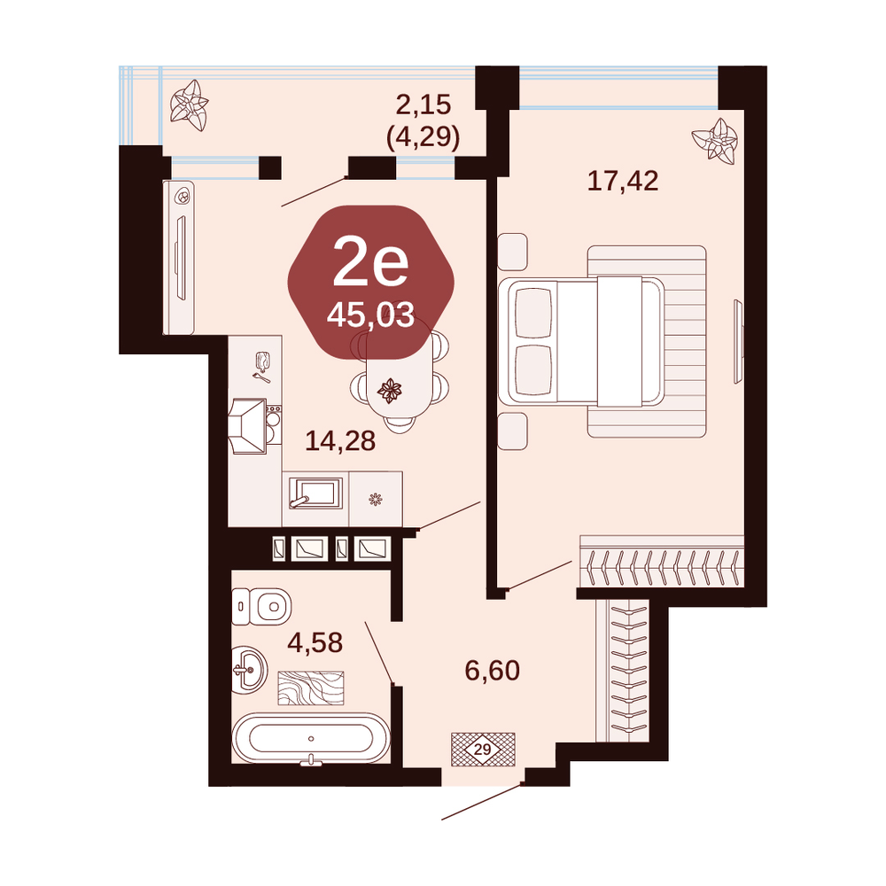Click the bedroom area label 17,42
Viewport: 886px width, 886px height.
(x=623, y=181)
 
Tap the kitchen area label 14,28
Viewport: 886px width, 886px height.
(x=340, y=440)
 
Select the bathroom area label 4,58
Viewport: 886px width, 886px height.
(x=315, y=642)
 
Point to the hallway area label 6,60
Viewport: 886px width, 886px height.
(x=492, y=670)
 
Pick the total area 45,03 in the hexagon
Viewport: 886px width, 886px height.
(x=370, y=315)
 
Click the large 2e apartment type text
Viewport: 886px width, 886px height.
(x=370, y=262)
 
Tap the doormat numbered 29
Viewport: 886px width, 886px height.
(x=483, y=750)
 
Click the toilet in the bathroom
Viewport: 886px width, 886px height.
(x=261, y=606)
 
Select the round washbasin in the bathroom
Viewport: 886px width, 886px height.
(x=249, y=670)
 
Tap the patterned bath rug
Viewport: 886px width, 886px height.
(x=311, y=688)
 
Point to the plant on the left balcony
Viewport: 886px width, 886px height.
(x=190, y=105)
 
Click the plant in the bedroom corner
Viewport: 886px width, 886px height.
(x=715, y=141)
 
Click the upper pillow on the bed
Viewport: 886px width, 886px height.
(x=534, y=314)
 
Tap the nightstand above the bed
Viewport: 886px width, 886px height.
(x=512, y=252)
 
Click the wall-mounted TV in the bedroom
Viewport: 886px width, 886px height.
(x=737, y=341)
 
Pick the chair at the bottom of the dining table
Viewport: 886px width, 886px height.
(x=400, y=424)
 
